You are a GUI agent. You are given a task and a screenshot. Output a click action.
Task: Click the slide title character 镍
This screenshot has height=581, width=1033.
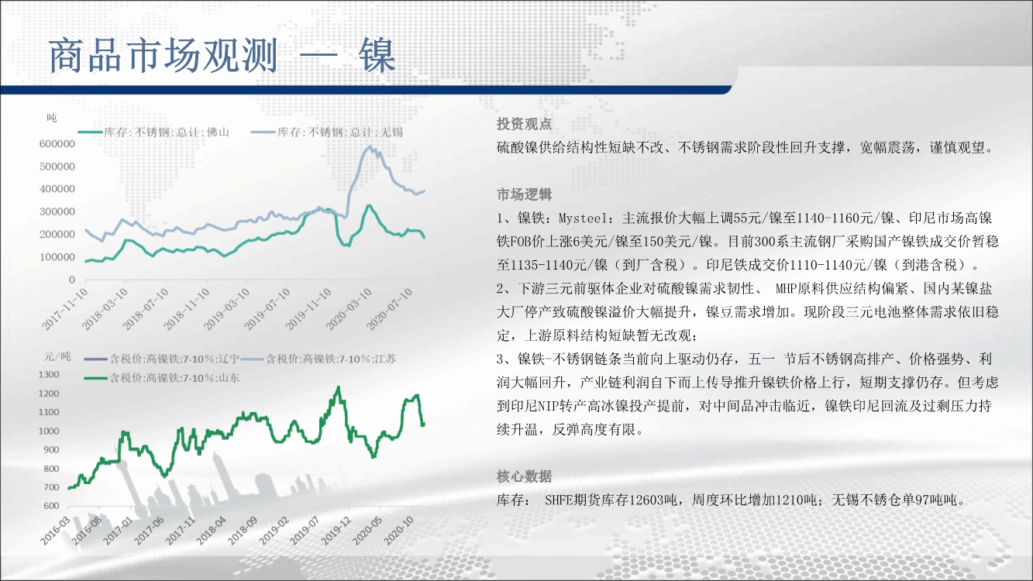[377, 55]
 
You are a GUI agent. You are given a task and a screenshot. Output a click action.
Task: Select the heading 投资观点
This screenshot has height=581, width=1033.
[525, 124]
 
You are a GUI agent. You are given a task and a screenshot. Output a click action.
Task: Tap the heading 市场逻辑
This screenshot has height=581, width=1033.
[525, 194]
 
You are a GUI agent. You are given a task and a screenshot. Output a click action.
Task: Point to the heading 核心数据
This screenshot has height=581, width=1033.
[525, 476]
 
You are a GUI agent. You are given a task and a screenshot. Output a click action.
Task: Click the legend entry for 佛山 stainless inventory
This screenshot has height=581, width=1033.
[153, 132]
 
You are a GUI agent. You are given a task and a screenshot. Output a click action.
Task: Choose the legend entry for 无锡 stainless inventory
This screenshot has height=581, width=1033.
[327, 132]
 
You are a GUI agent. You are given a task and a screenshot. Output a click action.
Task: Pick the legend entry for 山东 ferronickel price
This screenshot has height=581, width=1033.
[162, 378]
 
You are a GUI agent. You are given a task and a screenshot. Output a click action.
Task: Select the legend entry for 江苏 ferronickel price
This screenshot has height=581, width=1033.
[319, 359]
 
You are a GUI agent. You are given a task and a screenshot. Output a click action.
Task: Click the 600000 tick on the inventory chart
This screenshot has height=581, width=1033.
[57, 144]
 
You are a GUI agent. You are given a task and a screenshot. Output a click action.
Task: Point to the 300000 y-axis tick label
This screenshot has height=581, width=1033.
[57, 211]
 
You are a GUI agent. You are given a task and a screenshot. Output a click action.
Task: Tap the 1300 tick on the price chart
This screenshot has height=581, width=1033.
[49, 374]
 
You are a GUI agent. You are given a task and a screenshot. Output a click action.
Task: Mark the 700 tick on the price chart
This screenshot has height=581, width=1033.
[51, 487]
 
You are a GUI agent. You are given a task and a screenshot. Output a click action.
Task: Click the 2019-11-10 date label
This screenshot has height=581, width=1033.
[308, 309]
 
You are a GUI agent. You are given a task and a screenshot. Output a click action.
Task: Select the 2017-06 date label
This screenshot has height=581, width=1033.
[149, 531]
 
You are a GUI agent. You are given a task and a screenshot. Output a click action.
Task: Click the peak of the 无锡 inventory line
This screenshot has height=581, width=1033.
[370, 146]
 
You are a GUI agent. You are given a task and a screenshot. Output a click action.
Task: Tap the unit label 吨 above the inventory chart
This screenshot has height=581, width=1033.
[52, 118]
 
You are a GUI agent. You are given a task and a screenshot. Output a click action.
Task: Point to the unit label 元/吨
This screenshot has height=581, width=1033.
[57, 356]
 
